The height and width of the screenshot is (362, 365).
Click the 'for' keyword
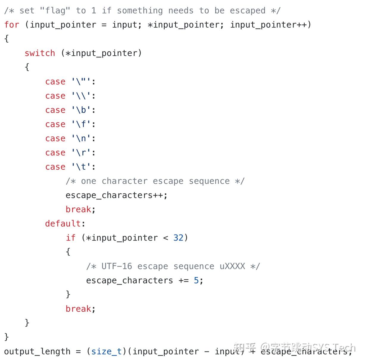click(12, 24)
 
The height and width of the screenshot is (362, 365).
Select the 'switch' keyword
click(40, 53)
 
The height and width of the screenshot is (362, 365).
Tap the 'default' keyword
click(63, 223)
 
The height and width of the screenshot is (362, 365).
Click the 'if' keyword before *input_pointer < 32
click(71, 238)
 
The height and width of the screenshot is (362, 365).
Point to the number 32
click(178, 238)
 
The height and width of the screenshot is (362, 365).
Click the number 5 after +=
click(196, 280)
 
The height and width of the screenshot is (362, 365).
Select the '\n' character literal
click(81, 138)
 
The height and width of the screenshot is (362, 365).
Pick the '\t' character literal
click(81, 167)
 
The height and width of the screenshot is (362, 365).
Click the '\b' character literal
click(81, 110)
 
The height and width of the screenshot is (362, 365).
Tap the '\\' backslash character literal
click(81, 96)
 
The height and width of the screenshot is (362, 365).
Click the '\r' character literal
click(81, 152)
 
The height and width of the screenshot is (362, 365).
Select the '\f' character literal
click(81, 124)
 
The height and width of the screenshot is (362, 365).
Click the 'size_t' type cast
click(106, 351)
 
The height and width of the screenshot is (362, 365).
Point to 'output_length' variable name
click(37, 351)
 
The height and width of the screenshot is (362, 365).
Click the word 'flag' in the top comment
click(55, 10)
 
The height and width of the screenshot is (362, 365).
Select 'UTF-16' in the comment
click(117, 266)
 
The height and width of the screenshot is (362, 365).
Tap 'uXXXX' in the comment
click(232, 266)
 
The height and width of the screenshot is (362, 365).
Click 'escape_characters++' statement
click(116, 195)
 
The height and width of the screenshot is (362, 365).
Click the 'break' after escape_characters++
click(78, 209)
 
